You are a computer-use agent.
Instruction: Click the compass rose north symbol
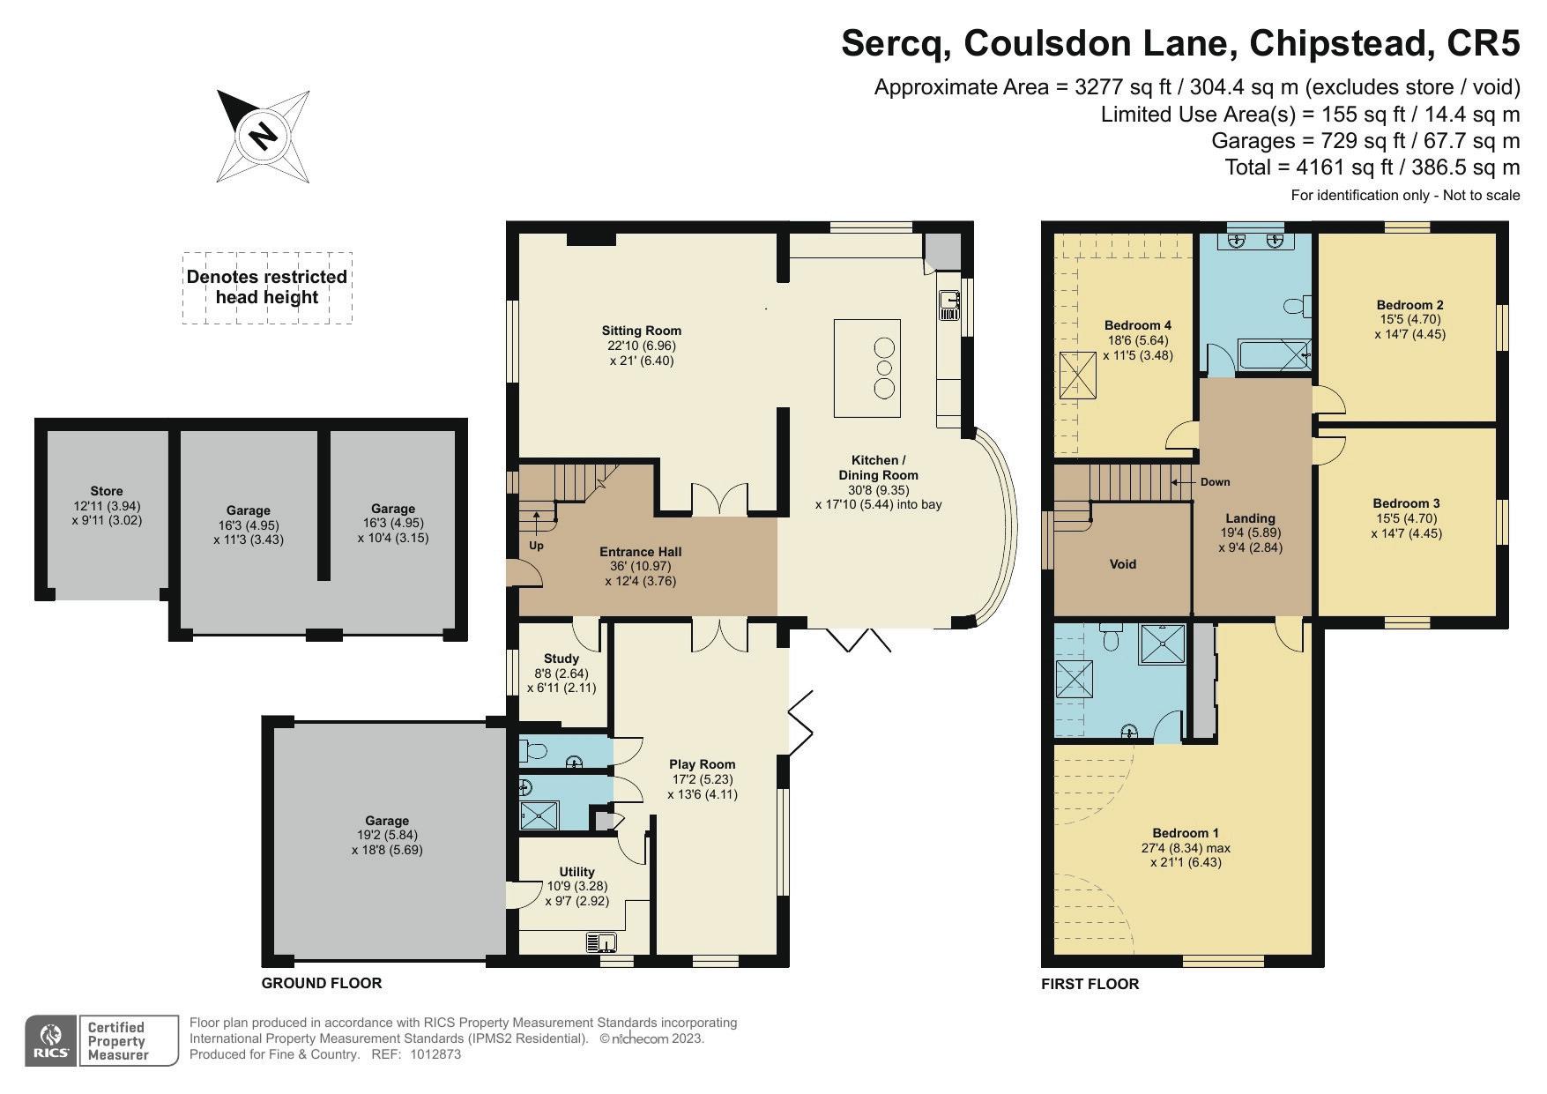(x=263, y=136)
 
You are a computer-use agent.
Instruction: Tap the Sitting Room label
(x=642, y=331)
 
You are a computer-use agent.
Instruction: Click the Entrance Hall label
(x=641, y=552)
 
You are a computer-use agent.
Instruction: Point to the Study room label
(x=562, y=659)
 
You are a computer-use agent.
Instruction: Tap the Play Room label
(x=702, y=764)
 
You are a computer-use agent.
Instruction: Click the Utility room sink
(x=602, y=942)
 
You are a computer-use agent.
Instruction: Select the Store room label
(x=107, y=491)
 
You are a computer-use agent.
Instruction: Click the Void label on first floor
(x=1123, y=564)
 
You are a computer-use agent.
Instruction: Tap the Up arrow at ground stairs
(x=537, y=529)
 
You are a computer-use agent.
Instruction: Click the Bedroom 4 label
(x=1138, y=325)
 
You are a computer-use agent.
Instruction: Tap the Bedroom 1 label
(x=1186, y=833)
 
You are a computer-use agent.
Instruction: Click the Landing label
(x=1250, y=518)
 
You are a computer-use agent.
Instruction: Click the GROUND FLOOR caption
(x=322, y=983)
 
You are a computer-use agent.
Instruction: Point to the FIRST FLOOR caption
(x=1090, y=984)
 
